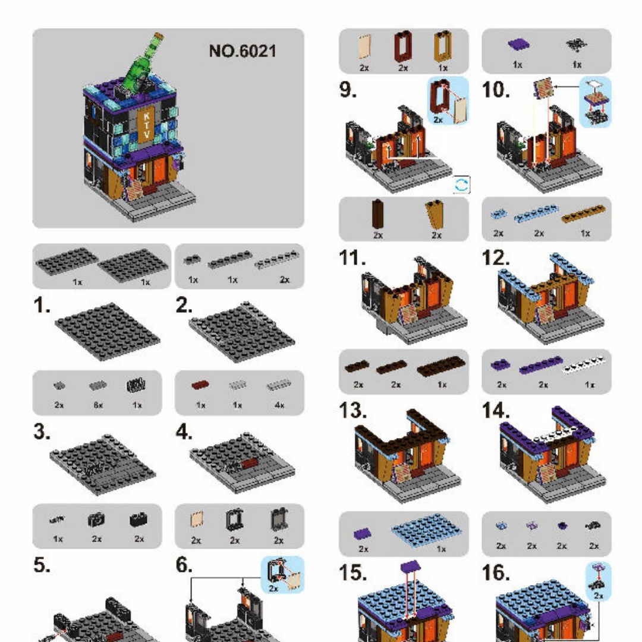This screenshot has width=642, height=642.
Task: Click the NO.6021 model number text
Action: pyautogui.click(x=243, y=51)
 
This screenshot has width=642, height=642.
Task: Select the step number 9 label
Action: pyautogui.click(x=348, y=89)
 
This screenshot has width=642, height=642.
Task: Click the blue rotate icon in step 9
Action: pyautogui.click(x=462, y=184)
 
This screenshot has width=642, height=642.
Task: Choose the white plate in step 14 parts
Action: pyautogui.click(x=584, y=365)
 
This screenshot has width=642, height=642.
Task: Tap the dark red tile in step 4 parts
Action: pyautogui.click(x=200, y=385)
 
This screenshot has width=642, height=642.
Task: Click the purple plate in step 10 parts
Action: pyautogui.click(x=518, y=44)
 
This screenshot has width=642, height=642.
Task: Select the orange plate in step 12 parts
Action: pyautogui.click(x=584, y=214)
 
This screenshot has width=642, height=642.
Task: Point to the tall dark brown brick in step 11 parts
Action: pyautogui.click(x=377, y=214)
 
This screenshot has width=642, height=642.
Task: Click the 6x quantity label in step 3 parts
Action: pyautogui.click(x=98, y=405)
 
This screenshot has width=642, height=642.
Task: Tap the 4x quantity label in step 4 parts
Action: pyautogui.click(x=279, y=405)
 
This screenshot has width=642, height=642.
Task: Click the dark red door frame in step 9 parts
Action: pyautogui.click(x=403, y=47)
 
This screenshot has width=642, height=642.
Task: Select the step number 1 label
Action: pyautogui.click(x=42, y=305)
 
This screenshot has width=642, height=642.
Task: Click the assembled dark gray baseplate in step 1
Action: pyautogui.click(x=107, y=331)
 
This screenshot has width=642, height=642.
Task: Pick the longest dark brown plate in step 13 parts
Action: pyautogui.click(x=441, y=366)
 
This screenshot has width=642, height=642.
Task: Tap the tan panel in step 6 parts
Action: pyautogui.click(x=197, y=520)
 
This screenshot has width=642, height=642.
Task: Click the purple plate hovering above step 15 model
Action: pyautogui.click(x=411, y=567)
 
